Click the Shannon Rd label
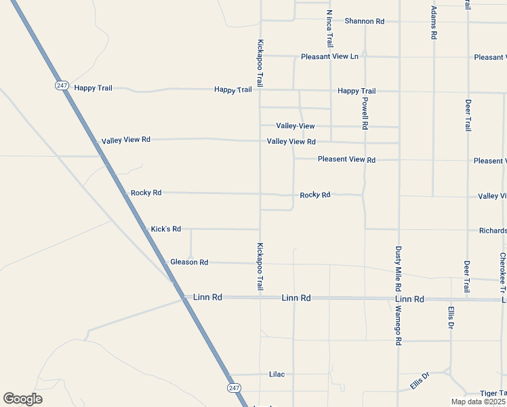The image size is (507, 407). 364,21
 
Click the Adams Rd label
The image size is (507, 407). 434,22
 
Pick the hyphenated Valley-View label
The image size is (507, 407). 296,126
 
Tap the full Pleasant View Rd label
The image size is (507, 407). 346,160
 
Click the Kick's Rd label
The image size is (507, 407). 165,229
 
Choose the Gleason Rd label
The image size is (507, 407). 189,262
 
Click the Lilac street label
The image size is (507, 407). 277,374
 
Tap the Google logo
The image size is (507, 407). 22,399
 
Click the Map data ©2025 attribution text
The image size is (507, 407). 478,402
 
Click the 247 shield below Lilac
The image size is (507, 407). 233,387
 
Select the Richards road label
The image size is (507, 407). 493,231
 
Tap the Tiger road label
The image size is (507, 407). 493,393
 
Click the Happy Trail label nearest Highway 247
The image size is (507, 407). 93,88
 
